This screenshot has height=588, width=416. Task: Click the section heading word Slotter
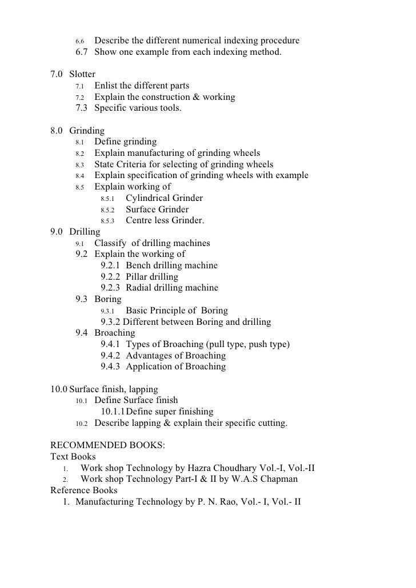tap(82, 74)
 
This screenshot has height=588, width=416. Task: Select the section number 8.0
tap(57, 131)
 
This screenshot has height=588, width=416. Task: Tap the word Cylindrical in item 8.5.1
tap(150, 198)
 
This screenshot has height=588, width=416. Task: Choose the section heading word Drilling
tap(85, 232)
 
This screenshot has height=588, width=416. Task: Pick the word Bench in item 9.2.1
tap(139, 265)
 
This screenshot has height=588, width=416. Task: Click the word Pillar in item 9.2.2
tap(138, 277)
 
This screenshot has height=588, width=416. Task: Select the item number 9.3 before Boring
tap(83, 299)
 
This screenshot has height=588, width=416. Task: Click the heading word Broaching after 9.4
tap(115, 333)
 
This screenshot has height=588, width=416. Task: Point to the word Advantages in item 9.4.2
tap(151, 355)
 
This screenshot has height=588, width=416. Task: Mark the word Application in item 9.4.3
tap(150, 367)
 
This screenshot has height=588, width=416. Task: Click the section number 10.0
tap(59, 389)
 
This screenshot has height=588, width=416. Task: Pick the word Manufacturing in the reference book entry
tap(107, 502)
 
